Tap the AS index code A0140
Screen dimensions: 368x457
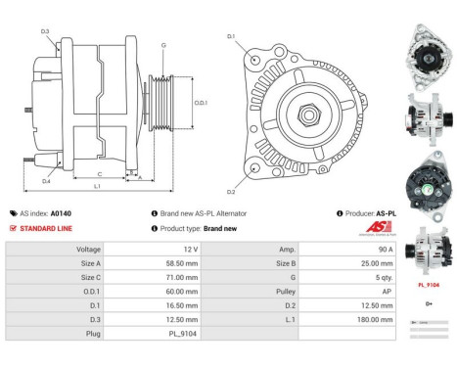click(61, 212)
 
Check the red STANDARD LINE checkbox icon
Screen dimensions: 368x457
click(12, 228)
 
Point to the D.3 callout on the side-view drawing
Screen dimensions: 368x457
click(45, 32)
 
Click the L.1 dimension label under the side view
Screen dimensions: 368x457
click(98, 185)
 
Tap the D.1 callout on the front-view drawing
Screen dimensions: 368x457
click(231, 36)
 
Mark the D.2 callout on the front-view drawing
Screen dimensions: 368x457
click(232, 191)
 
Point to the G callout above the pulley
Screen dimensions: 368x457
click(163, 45)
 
